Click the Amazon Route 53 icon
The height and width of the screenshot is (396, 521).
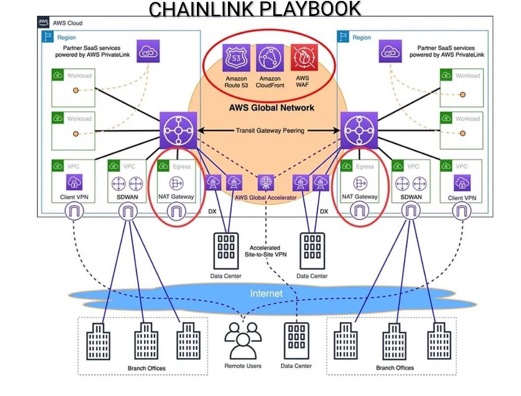(x=236, y=58)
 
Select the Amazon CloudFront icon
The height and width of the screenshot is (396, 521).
(x=270, y=58)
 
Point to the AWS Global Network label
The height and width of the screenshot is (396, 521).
(x=271, y=108)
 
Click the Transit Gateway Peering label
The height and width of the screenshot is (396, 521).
(x=269, y=131)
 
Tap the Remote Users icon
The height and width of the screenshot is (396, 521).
(x=243, y=340)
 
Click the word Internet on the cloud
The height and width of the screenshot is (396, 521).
(x=266, y=294)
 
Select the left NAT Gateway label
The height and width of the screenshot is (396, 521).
(x=176, y=197)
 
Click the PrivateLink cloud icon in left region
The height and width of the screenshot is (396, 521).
(x=149, y=51)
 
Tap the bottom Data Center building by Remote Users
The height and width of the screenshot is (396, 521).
(x=296, y=341)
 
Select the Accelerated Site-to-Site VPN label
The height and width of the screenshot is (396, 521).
(x=265, y=251)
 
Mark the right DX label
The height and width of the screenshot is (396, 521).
(x=324, y=211)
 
